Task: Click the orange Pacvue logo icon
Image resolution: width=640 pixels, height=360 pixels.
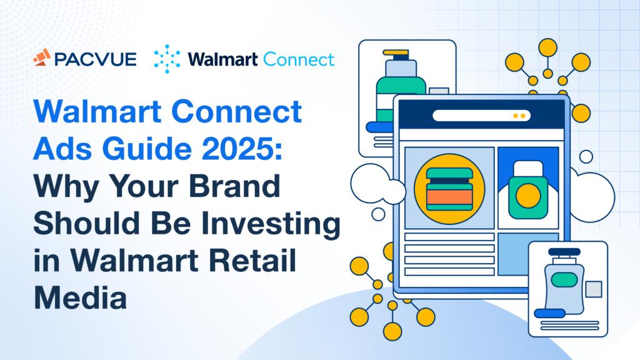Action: pyautogui.click(x=42, y=59)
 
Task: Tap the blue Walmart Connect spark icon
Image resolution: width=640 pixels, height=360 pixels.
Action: pyautogui.click(x=166, y=59)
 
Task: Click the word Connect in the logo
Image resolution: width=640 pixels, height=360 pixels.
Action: pyautogui.click(x=299, y=59)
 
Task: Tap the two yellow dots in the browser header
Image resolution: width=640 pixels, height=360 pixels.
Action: pyautogui.click(x=519, y=116)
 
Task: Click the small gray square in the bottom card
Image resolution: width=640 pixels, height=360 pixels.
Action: pyautogui.click(x=593, y=288)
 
